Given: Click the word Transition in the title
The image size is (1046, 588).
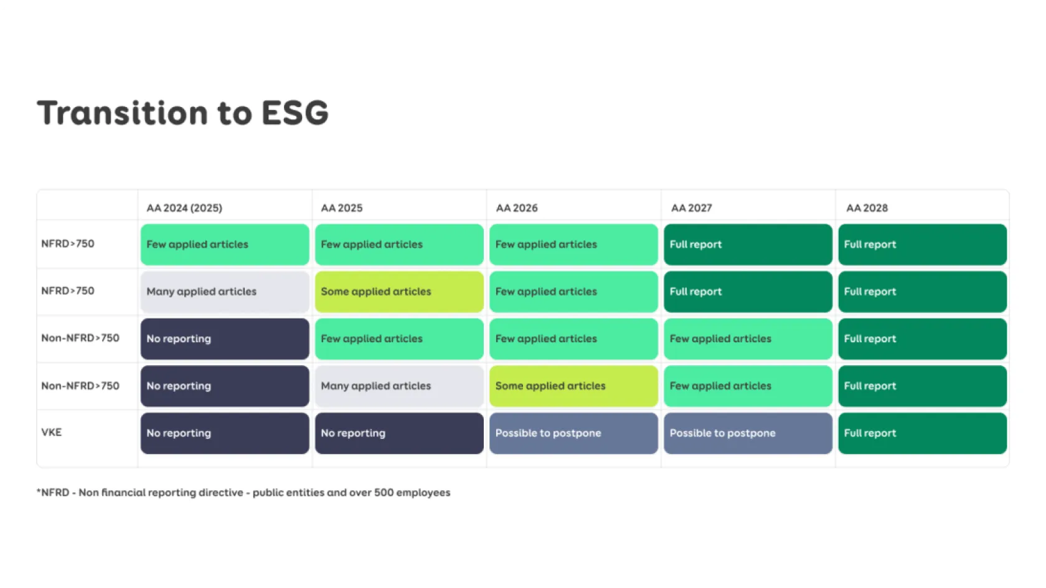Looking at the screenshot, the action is [123, 113].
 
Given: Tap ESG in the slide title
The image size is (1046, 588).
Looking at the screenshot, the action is [295, 113].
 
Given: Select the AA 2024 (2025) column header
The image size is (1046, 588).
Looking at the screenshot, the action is [184, 208].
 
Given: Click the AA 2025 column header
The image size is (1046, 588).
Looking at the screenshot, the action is [341, 208].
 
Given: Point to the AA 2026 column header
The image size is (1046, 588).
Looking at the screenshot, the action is [517, 208].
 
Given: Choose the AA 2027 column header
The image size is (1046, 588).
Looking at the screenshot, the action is [692, 208].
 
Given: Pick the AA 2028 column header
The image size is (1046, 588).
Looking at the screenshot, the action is [867, 208].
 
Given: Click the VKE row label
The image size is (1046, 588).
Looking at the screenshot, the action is [51, 432].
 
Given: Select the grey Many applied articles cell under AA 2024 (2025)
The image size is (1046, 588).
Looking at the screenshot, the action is [225, 292].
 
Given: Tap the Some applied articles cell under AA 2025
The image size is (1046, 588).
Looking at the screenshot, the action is [399, 292].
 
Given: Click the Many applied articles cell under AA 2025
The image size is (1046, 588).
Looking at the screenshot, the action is [399, 386].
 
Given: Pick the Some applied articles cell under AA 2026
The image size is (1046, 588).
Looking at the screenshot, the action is [573, 386].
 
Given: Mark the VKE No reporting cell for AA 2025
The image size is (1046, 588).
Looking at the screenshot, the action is [399, 433].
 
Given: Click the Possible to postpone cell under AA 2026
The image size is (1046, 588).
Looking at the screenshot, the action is [573, 433].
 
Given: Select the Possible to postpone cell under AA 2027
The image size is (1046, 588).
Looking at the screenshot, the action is [748, 433].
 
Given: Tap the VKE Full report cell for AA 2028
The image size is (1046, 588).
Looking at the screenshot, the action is [922, 433].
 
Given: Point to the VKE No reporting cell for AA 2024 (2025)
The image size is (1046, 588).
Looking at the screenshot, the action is [225, 433].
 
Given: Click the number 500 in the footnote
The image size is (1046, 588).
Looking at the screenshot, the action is [384, 493].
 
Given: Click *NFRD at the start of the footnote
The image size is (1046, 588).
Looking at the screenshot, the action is [52, 493].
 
